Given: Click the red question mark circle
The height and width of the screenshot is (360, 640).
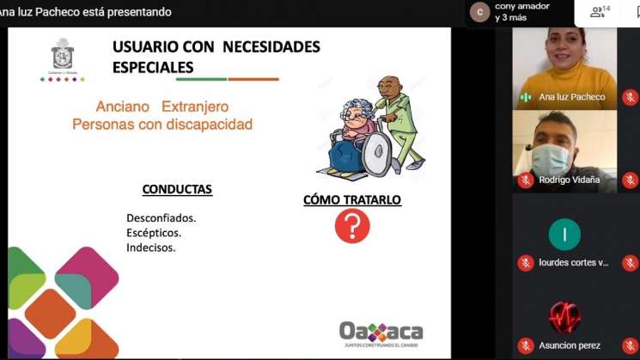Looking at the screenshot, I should click(x=351, y=227).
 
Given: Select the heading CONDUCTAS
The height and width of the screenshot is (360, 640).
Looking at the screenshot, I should click(x=177, y=189).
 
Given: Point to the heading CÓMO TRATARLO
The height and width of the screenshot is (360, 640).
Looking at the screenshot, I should click(x=352, y=199).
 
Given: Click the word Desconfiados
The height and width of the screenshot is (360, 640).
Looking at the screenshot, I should click(x=162, y=217).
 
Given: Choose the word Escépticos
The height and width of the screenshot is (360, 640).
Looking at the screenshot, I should click(x=154, y=233).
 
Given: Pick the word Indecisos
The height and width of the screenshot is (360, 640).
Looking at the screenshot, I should click(x=151, y=247).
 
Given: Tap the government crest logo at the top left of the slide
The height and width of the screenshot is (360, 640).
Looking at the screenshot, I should click(x=63, y=56).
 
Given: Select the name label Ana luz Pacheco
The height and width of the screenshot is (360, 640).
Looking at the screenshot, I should click(x=571, y=97).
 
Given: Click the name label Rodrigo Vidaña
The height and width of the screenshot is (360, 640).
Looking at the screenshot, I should click(x=569, y=180).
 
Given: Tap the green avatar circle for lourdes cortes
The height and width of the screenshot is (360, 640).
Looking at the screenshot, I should click(x=564, y=234).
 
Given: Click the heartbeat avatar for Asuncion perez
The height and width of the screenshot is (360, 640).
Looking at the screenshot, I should click(x=564, y=317).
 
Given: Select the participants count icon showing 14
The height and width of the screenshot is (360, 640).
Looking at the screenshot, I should click(x=600, y=11).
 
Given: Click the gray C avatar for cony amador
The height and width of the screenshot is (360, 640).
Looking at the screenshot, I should click(x=479, y=12).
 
